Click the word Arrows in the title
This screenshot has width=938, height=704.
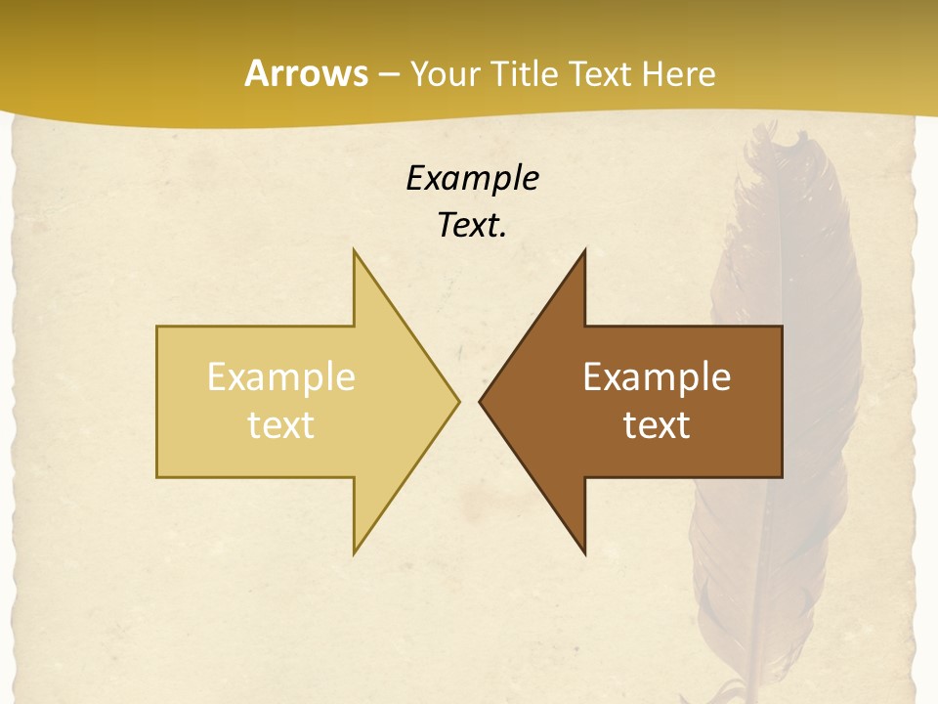click(306, 73)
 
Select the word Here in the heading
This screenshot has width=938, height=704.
click(679, 73)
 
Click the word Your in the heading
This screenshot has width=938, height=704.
click(445, 73)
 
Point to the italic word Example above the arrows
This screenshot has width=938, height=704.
click(473, 179)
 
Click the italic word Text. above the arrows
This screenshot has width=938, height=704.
click(473, 226)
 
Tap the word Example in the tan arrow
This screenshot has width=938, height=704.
click(281, 377)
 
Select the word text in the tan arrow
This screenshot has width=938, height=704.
click(281, 425)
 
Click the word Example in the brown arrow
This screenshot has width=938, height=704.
click(657, 377)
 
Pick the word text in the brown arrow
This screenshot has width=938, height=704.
click(657, 425)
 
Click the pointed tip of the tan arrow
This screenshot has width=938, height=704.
click(458, 401)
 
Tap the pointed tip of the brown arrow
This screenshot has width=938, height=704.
click(480, 401)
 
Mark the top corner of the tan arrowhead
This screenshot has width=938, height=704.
click(355, 251)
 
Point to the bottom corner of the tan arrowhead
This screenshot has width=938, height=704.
click(355, 552)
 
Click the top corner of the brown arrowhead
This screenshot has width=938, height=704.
click(584, 251)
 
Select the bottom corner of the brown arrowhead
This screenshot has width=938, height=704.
click(584, 552)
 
